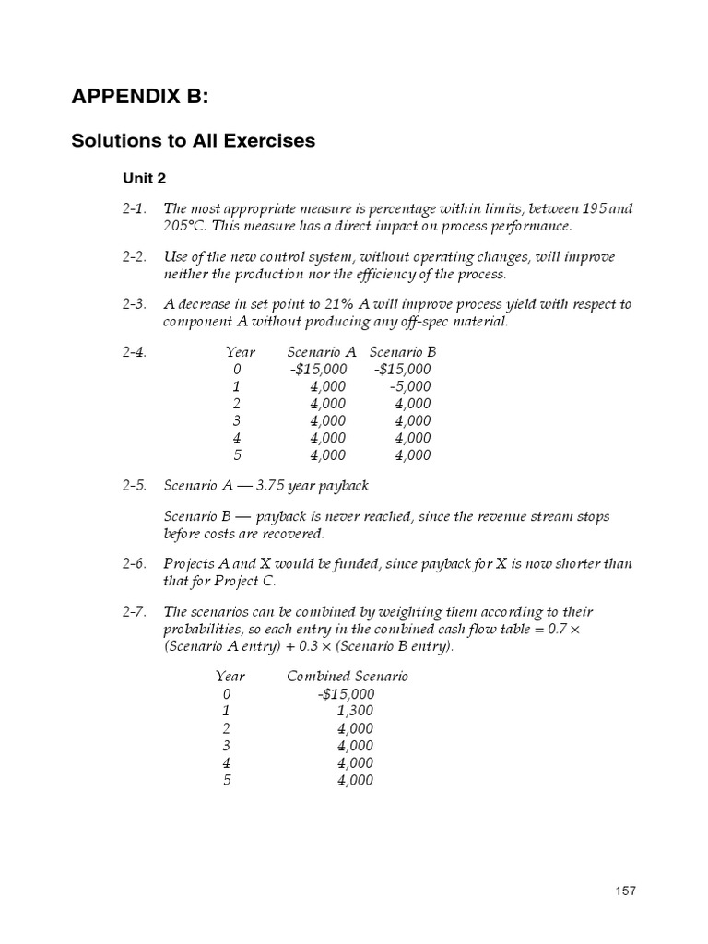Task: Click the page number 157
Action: [x=625, y=891]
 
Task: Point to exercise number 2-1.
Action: [x=136, y=209]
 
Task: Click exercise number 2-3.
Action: [x=136, y=305]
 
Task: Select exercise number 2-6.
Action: [x=136, y=564]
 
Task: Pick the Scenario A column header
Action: [x=321, y=352]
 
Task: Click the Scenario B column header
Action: [x=403, y=352]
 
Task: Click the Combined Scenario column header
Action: [x=348, y=676]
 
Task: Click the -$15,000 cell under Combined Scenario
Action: [x=344, y=693]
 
